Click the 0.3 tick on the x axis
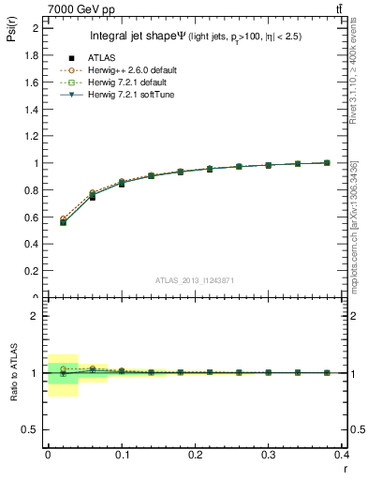click(268, 454)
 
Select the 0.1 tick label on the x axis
click(122, 454)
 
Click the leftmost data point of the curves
click(63, 221)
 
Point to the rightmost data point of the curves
click(327, 162)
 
